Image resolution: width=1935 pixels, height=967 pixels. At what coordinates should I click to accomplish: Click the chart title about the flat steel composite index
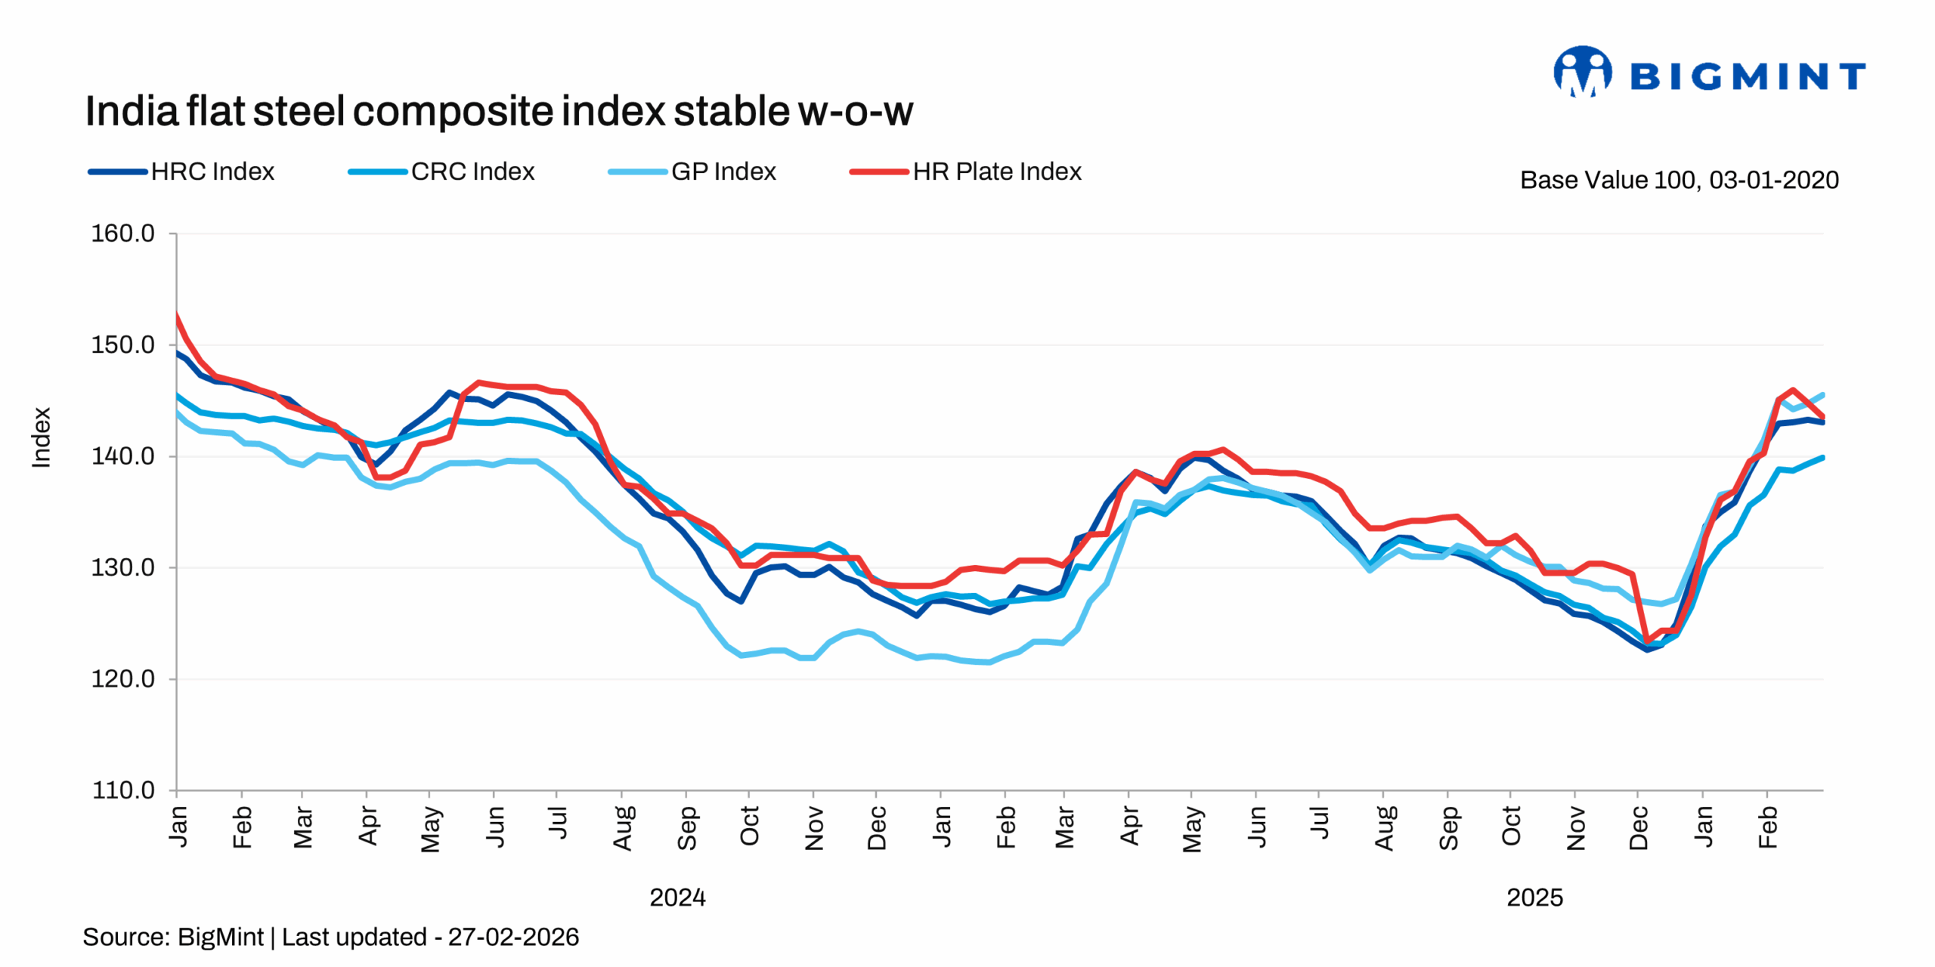(x=498, y=112)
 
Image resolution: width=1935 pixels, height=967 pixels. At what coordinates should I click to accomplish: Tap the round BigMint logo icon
(x=1582, y=73)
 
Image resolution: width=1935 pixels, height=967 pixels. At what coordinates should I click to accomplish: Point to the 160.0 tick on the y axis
(x=122, y=233)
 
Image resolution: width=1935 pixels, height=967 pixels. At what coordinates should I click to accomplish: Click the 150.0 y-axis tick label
(x=122, y=345)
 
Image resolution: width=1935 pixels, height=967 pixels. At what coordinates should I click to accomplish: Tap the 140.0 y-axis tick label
(x=122, y=456)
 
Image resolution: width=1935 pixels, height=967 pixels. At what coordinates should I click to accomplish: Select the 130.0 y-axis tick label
(x=122, y=567)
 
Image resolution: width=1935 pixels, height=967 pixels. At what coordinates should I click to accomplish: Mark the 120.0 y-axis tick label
(x=122, y=679)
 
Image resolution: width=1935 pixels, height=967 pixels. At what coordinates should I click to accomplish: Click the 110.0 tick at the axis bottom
(x=122, y=790)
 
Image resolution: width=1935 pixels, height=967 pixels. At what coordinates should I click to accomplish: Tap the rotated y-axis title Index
(x=41, y=437)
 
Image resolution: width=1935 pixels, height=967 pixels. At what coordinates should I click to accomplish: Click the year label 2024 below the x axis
(x=677, y=897)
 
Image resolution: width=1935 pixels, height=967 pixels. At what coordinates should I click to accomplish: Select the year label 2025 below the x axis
(x=1534, y=897)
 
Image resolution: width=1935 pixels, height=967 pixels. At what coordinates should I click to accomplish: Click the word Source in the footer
(x=125, y=938)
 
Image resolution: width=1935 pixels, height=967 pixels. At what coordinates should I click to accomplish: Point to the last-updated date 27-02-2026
(x=513, y=938)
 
